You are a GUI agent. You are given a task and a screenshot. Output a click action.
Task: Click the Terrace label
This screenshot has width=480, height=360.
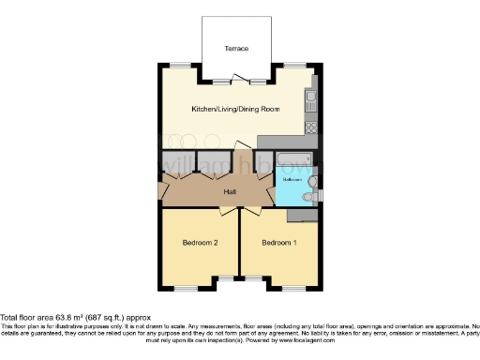click(235, 48)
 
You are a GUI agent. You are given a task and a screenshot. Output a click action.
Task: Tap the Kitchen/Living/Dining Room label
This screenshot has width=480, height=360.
click(235, 110)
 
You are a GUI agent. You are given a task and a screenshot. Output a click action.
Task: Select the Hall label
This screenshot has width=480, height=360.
click(229, 192)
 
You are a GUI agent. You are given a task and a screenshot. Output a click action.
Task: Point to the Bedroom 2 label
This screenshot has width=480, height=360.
click(200, 243)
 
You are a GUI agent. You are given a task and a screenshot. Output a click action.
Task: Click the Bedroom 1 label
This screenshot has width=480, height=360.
click(278, 243)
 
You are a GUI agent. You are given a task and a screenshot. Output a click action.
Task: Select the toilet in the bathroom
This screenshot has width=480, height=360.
click(313, 184)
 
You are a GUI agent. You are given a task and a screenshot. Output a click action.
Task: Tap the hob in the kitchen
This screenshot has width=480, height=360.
click(312, 127)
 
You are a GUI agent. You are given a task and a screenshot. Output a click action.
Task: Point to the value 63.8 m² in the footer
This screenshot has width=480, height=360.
click(71, 317)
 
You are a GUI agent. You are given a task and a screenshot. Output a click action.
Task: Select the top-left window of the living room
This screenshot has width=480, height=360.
click(178, 66)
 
